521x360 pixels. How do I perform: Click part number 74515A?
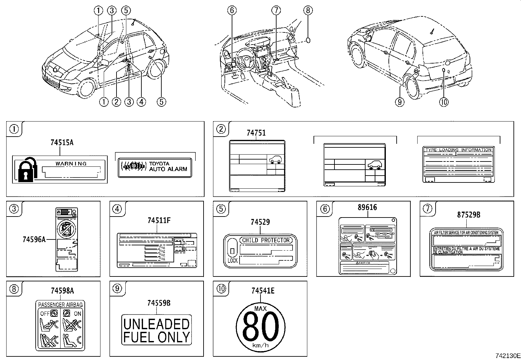[62, 142]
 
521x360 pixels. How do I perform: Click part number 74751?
[256, 133]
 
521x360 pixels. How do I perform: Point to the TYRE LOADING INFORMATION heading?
[458, 150]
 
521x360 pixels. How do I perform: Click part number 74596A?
[34, 239]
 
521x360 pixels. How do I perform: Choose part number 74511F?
[159, 220]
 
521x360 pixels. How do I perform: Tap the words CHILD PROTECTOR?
[265, 240]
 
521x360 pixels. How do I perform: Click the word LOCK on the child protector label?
[233, 261]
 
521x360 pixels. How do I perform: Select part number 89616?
[367, 207]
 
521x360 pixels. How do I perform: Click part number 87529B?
[469, 215]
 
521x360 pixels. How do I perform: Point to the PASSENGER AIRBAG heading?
[61, 305]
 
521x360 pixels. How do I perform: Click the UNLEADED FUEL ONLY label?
[156, 330]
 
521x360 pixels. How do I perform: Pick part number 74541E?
[263, 291]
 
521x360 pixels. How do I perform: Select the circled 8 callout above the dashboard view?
[308, 10]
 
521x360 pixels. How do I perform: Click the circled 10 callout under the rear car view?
[444, 102]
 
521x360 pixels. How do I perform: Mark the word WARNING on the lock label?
[71, 163]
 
